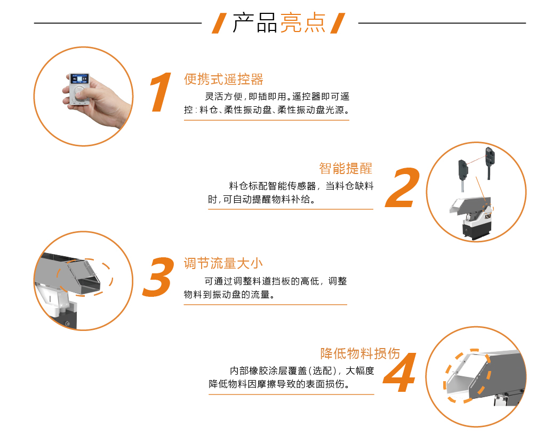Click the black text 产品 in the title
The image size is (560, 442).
(254, 23)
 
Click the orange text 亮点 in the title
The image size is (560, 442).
(303, 23)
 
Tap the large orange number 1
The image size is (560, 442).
(161, 92)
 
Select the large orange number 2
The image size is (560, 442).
(403, 188)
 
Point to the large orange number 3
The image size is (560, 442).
(158, 277)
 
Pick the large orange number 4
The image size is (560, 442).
(400, 372)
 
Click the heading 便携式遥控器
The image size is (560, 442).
(223, 80)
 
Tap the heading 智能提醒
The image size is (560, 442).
(346, 168)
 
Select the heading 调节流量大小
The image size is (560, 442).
(223, 264)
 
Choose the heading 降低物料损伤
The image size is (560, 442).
(360, 353)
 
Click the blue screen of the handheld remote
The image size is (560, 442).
(79, 79)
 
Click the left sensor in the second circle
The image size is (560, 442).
(463, 171)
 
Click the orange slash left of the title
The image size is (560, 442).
(219, 23)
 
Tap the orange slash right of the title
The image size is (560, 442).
(338, 23)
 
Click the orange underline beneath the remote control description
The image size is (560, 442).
(267, 120)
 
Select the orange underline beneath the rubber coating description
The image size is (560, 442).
(291, 394)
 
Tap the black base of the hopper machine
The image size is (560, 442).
(477, 232)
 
